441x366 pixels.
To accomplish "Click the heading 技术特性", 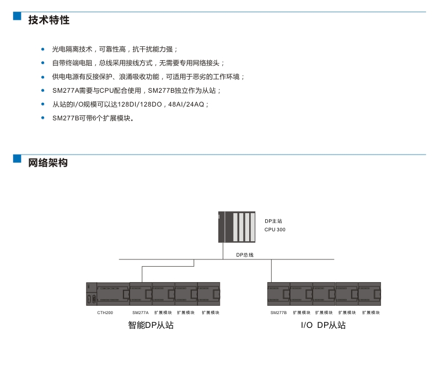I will pos(49,20).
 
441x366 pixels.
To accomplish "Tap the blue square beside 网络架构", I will pos(17,158).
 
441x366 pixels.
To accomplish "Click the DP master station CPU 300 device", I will pos(238,226).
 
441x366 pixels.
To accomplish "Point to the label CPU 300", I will pos(275,230).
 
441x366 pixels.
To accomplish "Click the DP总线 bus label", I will pos(245,255).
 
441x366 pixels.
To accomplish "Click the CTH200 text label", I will pos(105,312).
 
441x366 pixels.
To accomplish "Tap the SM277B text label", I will pos(278,312).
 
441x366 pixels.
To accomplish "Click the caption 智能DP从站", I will pos(151,326).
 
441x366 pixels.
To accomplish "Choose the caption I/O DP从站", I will pos(324,326).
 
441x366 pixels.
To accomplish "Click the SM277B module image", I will pos(278,293).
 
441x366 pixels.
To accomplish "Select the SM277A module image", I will pos(141,293).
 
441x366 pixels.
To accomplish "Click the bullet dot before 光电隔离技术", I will pos(43,49).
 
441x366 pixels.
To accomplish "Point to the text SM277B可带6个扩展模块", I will pos(93,118).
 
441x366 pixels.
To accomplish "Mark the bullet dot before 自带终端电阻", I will pos(43,63).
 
